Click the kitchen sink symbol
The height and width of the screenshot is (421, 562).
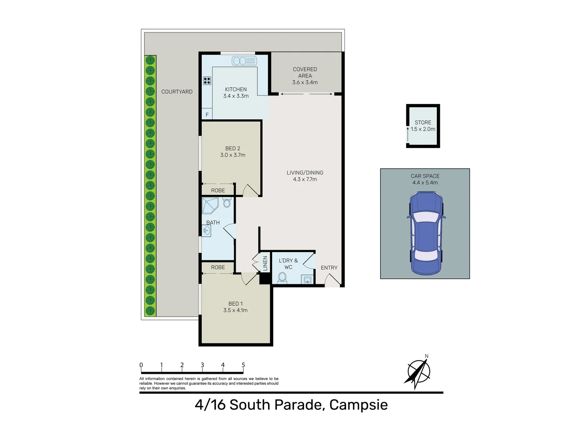click(x=244, y=61)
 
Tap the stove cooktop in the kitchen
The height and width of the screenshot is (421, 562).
click(x=207, y=81)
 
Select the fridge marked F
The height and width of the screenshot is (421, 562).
click(x=207, y=115)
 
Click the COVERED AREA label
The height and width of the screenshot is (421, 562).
click(x=305, y=73)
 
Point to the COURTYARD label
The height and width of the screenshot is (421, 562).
click(x=177, y=92)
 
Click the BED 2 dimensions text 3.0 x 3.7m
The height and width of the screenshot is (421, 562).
click(x=233, y=155)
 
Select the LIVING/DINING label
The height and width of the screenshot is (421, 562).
click(x=305, y=173)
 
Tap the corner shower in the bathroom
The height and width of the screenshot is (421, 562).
click(x=209, y=205)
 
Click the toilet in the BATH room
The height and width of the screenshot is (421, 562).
click(x=227, y=202)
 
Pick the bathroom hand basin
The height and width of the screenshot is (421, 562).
click(x=206, y=231)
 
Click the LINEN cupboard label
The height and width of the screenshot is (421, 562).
click(x=265, y=263)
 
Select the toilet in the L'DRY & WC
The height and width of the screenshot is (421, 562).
click(x=282, y=278)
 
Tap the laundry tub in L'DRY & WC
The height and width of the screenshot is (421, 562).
click(x=308, y=279)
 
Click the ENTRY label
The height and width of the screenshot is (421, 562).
click(x=329, y=268)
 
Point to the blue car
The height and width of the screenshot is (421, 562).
click(x=425, y=233)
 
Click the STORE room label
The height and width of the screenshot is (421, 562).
click(x=423, y=122)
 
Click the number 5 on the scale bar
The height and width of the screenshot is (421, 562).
click(x=243, y=365)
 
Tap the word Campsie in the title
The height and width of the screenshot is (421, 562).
click(x=358, y=405)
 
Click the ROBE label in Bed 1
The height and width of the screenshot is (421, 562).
click(x=218, y=267)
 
